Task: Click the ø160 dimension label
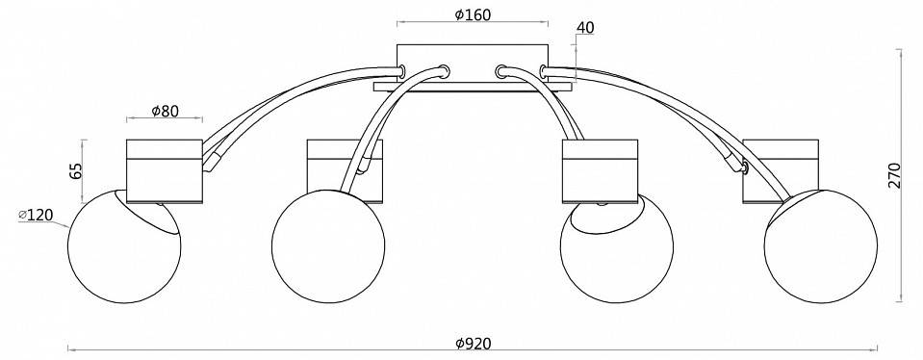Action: pos(473,14)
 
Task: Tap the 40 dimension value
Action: pos(585,28)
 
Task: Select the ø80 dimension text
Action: pos(165,111)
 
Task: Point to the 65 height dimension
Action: pos(75,170)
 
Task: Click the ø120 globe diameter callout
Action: pos(36,216)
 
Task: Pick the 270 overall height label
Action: pos(894,175)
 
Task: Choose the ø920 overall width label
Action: pos(474,343)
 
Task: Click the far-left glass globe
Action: pos(124,246)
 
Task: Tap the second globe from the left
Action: pos(328,246)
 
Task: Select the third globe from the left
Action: pos(616,246)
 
